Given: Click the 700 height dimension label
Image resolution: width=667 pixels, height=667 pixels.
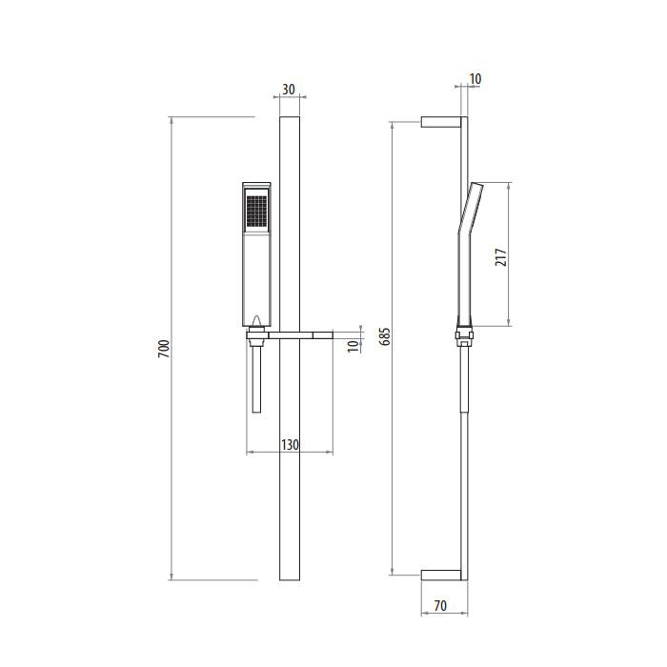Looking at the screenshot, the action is (164, 349).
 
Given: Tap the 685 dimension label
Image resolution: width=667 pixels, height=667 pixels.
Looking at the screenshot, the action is (384, 336).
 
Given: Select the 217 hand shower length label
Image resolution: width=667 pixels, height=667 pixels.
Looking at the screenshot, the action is (501, 257).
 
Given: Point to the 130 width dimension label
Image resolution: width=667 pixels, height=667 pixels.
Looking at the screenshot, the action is (290, 445).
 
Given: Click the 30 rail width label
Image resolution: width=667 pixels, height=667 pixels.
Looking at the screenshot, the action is (289, 90).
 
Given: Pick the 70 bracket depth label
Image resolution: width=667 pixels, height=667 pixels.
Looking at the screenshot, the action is (440, 605).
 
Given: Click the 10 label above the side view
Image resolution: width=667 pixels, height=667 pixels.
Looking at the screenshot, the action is (475, 79).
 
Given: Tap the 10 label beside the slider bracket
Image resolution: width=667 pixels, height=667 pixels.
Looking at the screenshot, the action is (354, 346).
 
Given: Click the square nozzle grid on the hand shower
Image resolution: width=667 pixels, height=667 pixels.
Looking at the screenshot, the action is (256, 211).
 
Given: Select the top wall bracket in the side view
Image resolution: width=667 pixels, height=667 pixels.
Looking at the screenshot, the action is (441, 122).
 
